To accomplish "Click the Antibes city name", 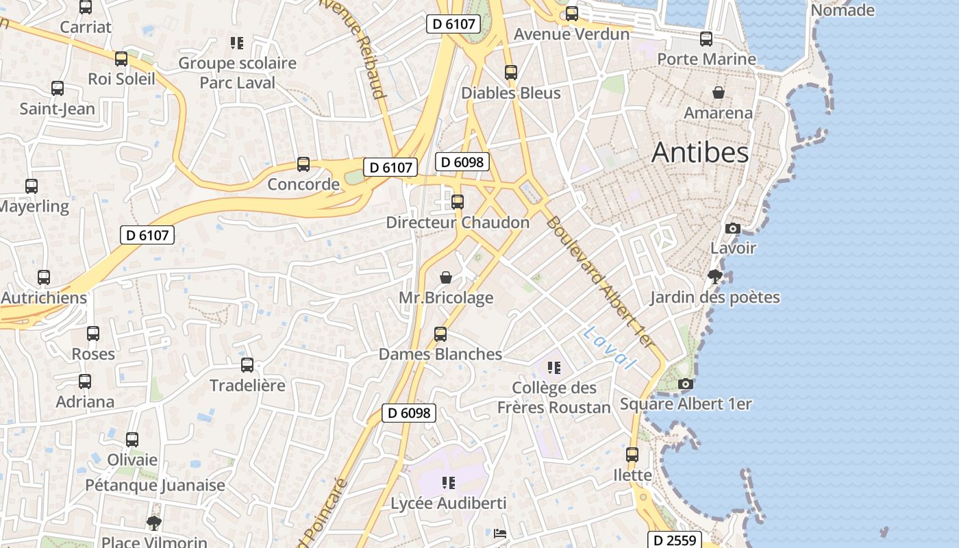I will click(700, 152).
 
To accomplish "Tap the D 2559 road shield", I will click(674, 540).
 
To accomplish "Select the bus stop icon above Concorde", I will click(303, 164).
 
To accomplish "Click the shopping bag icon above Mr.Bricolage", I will click(446, 277).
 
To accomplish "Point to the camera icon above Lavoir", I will click(733, 228).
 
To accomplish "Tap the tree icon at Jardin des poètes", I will click(714, 277).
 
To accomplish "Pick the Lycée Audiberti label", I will click(449, 503).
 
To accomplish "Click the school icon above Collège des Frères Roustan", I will click(554, 368).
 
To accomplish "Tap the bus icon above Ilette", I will click(632, 454).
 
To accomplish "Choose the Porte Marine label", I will click(706, 59).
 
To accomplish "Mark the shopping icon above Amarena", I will click(719, 92).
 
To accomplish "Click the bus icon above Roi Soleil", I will click(121, 59).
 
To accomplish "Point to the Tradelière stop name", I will click(247, 385).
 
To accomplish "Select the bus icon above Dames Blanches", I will click(440, 334).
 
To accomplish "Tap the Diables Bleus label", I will click(511, 92).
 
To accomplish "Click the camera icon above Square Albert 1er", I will click(685, 384).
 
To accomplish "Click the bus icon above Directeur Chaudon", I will click(458, 202).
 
